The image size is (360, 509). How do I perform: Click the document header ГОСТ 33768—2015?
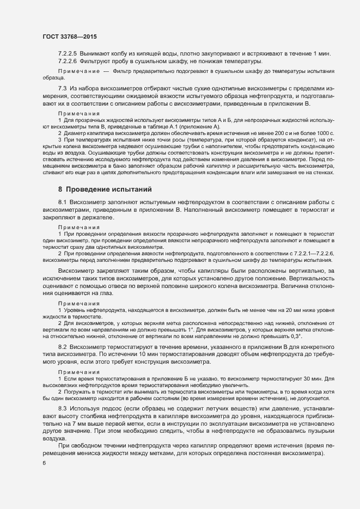(66, 36)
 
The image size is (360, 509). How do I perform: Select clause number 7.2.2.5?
(68, 53)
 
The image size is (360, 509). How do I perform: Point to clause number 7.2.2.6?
(68, 62)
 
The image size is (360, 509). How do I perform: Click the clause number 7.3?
(62, 89)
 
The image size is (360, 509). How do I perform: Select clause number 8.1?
(62, 203)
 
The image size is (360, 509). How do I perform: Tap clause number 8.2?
(62, 347)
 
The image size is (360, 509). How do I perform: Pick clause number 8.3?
(62, 408)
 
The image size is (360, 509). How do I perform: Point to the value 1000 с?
(325, 133)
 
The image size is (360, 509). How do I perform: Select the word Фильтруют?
(96, 62)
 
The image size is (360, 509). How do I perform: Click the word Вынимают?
(95, 53)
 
